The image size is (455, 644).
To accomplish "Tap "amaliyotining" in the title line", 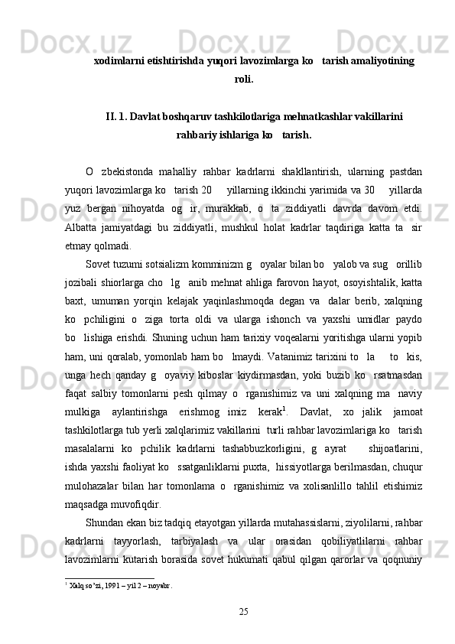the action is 378,60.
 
